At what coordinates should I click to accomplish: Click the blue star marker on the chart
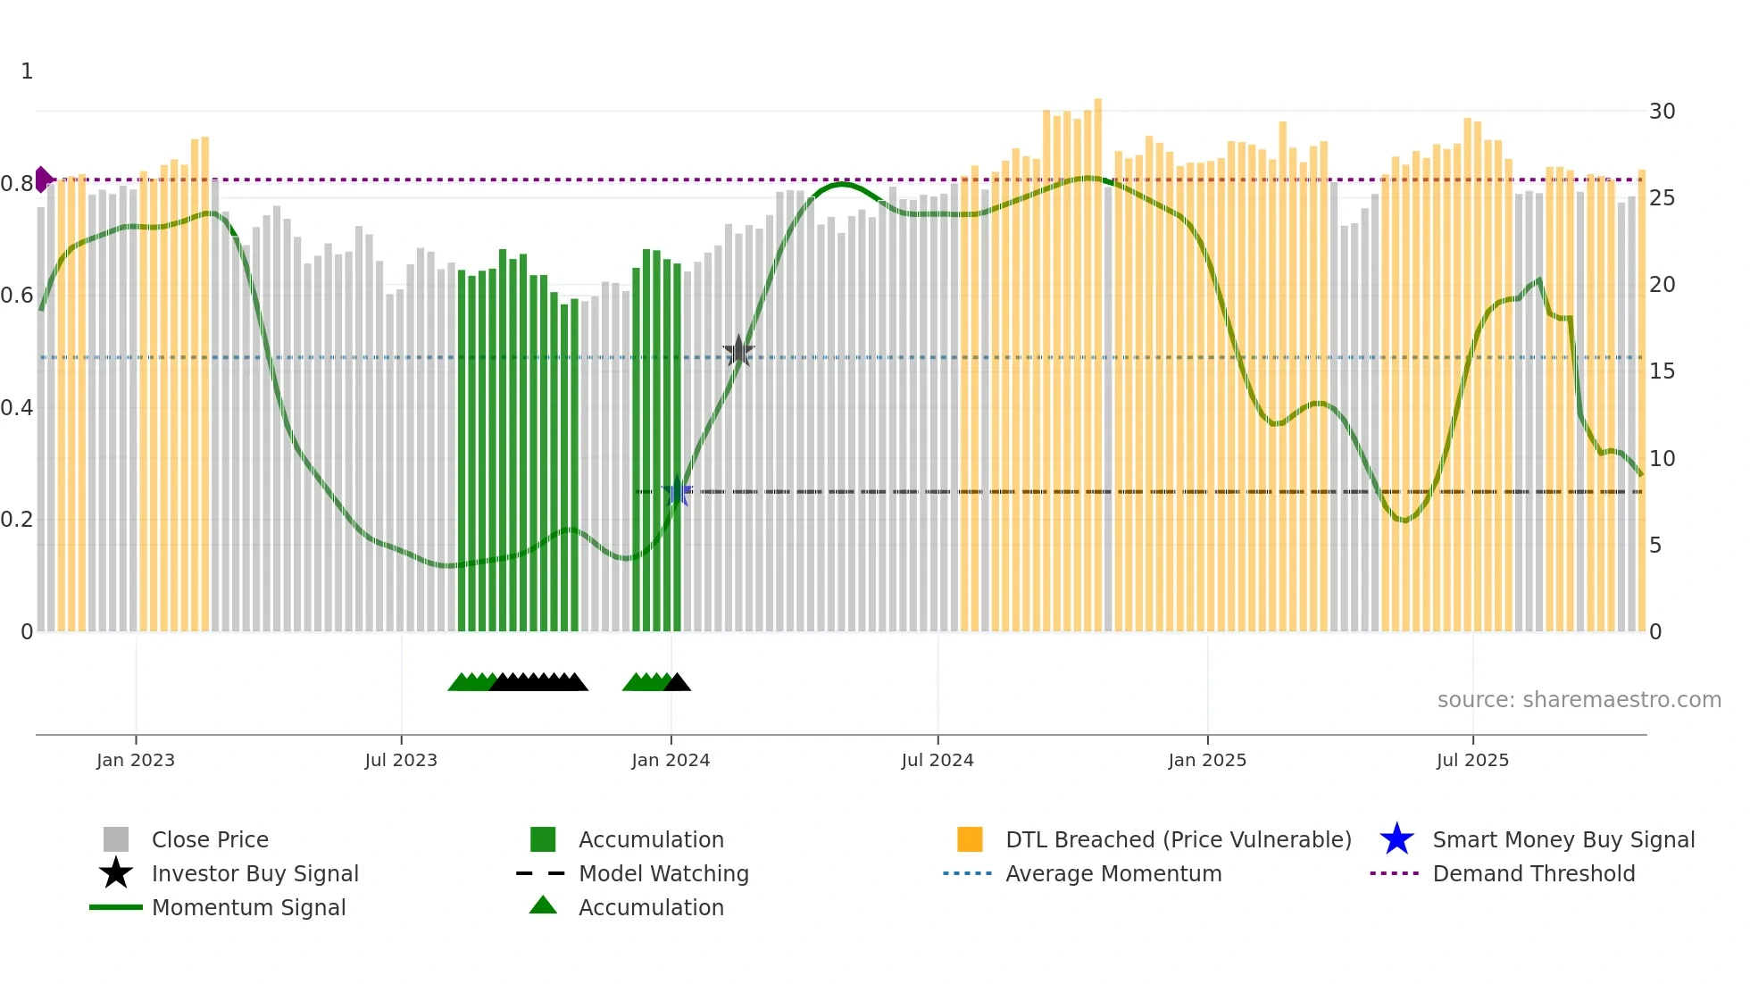pyautogui.click(x=677, y=492)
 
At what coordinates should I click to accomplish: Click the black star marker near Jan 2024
pyautogui.click(x=738, y=351)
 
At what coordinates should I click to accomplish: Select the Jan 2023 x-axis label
pyautogui.click(x=136, y=760)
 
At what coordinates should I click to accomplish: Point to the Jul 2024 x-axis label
pyautogui.click(x=937, y=760)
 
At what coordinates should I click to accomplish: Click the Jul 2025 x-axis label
pyautogui.click(x=1472, y=760)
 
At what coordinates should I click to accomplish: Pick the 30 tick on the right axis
pyautogui.click(x=1662, y=112)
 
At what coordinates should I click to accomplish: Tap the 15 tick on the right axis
pyautogui.click(x=1662, y=371)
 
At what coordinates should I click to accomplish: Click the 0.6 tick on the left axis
pyautogui.click(x=17, y=296)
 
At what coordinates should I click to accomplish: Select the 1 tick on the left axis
pyautogui.click(x=27, y=71)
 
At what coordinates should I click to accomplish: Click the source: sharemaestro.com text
pyautogui.click(x=1579, y=700)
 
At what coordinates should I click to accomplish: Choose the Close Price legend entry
pyautogui.click(x=210, y=839)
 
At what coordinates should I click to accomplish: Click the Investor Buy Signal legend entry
pyautogui.click(x=254, y=873)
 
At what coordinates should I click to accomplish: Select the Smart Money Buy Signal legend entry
pyautogui.click(x=1562, y=839)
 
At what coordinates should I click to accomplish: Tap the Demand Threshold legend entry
pyautogui.click(x=1533, y=873)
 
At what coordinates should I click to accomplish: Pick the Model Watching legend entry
pyautogui.click(x=663, y=873)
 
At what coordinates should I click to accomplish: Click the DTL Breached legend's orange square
pyautogui.click(x=970, y=839)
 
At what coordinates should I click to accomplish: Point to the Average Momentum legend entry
pyautogui.click(x=1112, y=873)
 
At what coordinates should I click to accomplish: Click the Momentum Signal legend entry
pyautogui.click(x=248, y=907)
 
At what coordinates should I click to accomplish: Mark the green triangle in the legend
pyautogui.click(x=543, y=905)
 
